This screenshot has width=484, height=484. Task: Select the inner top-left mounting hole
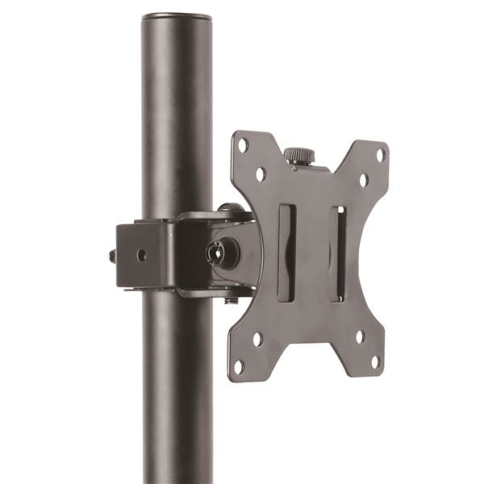[x=261, y=173]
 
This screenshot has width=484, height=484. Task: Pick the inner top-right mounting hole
[x=363, y=180]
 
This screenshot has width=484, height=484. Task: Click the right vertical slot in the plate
[x=339, y=253]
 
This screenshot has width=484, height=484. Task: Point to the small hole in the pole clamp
[x=142, y=255]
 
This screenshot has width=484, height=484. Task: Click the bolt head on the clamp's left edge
[x=112, y=256]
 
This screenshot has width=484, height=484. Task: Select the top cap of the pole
[x=176, y=16]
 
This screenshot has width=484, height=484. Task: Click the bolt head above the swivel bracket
[x=231, y=208]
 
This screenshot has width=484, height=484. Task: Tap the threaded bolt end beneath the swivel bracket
[x=231, y=299]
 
